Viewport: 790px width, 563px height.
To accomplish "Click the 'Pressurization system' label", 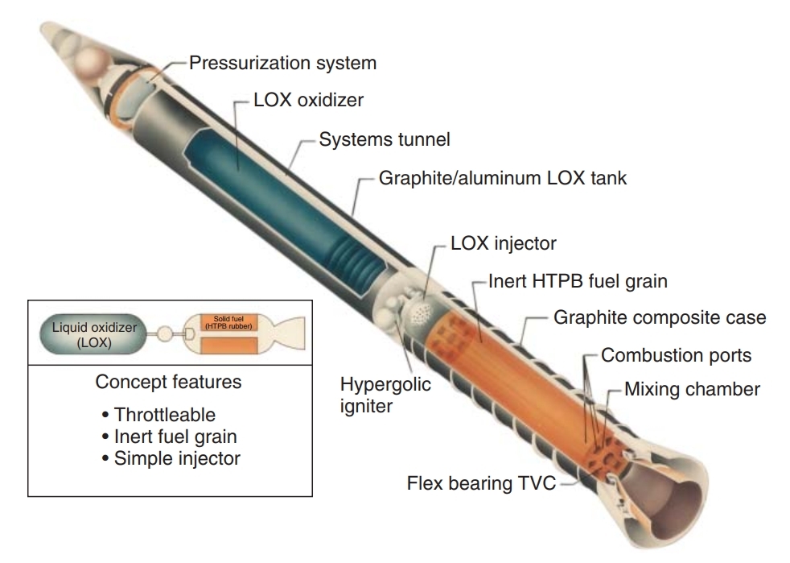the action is click(x=282, y=62).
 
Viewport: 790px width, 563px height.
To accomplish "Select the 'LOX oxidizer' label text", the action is click(x=309, y=101).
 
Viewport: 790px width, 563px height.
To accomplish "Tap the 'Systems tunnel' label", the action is click(x=385, y=139).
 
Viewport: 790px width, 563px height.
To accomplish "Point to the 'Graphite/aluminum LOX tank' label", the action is click(x=503, y=178).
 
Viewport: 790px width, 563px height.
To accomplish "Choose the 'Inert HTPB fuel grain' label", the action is click(x=578, y=282).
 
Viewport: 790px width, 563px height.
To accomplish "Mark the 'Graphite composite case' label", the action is click(x=660, y=317).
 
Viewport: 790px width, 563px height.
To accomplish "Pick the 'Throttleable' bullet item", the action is click(x=158, y=416).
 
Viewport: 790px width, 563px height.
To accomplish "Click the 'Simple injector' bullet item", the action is click(x=171, y=458).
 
